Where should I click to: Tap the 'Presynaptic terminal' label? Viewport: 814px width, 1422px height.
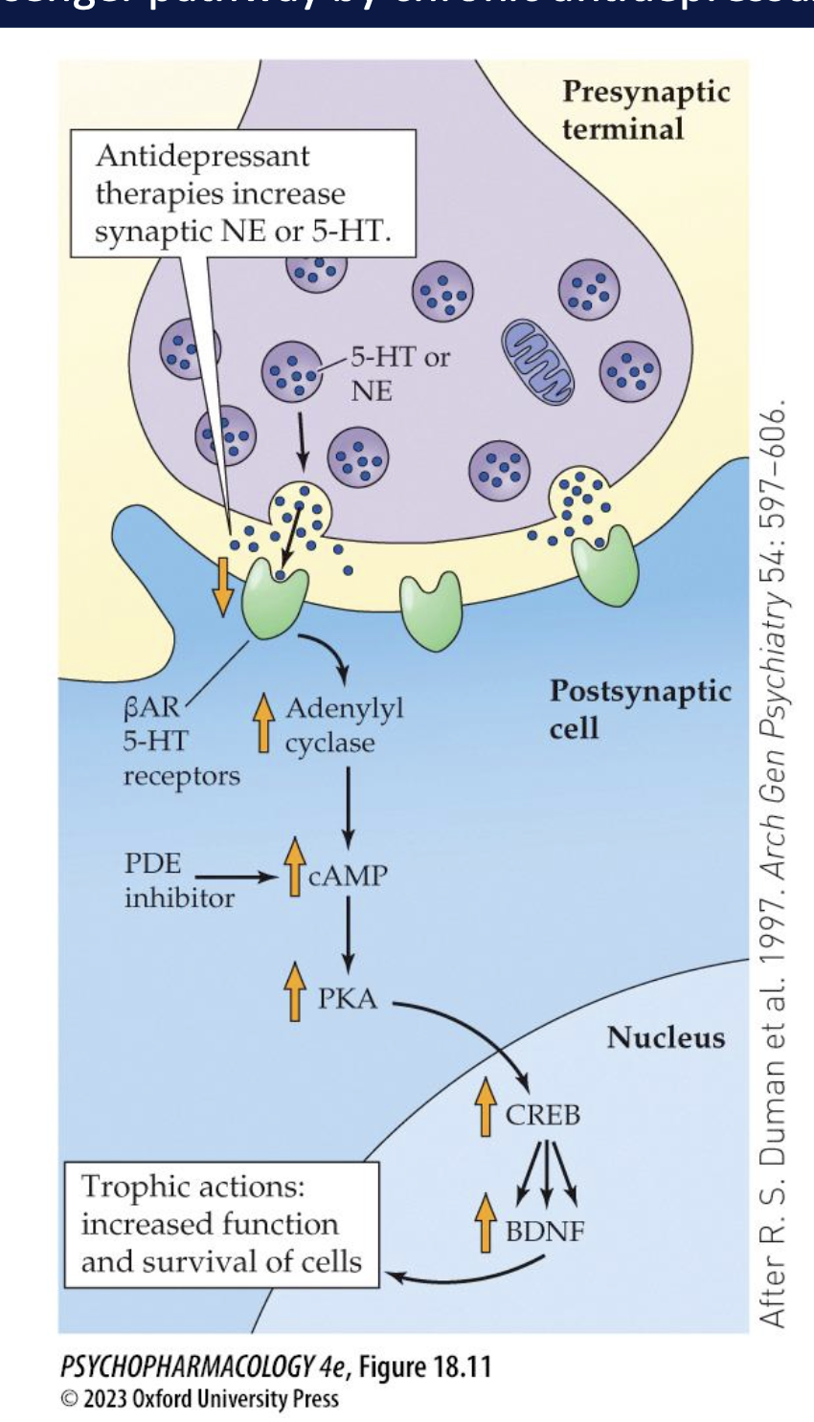point(645,110)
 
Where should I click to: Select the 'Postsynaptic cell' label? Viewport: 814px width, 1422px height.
point(640,709)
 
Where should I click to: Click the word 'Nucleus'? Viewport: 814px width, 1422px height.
point(666,1037)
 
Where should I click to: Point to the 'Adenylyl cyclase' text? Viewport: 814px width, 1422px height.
point(343,725)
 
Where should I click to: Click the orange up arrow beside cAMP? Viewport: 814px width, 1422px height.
point(295,867)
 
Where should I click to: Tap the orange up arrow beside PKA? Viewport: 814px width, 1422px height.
point(295,992)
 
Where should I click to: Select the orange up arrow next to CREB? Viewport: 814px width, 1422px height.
point(486,1107)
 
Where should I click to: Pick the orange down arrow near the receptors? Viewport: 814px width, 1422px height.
point(222,586)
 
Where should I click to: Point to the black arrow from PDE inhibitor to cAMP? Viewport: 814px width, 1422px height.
point(235,876)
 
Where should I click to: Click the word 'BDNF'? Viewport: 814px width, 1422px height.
point(544,1231)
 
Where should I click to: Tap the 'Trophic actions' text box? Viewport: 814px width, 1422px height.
point(221,1224)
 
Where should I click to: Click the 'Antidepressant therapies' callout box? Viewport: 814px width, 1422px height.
point(243,193)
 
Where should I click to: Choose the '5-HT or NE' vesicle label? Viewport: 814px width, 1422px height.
point(398,373)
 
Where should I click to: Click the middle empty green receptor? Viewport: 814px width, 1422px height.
point(431,611)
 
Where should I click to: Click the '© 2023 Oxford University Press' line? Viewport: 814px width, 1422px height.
point(199,1399)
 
